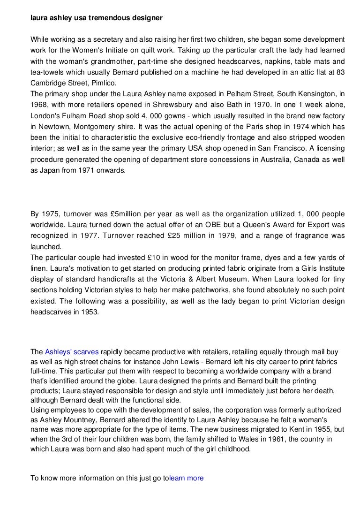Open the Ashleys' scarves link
point(72,351)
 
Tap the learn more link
point(187,478)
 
